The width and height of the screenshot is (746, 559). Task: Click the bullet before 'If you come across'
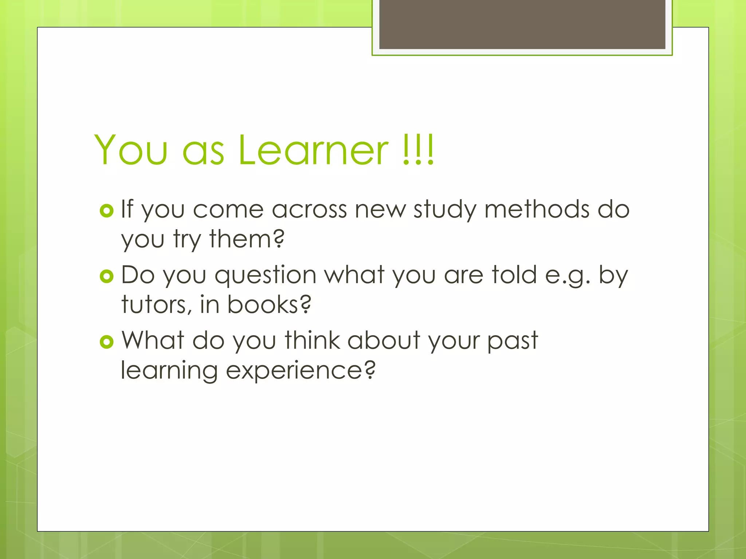pos(107,211)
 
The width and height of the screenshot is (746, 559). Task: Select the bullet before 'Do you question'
pos(107,277)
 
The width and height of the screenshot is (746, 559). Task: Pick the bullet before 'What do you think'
pos(107,342)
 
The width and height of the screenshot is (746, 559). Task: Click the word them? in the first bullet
pos(247,239)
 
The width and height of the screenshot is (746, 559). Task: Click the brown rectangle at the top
pos(522,24)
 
